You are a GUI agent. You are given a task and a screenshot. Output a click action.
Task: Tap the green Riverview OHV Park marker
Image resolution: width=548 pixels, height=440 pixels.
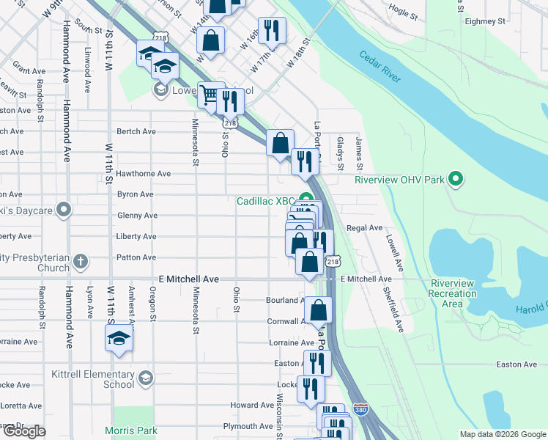click(x=455, y=178)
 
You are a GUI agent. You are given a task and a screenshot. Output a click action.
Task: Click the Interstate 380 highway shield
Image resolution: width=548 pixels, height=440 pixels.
click(x=360, y=408)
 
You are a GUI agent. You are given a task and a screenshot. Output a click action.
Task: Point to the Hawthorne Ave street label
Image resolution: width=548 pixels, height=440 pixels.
click(x=144, y=174)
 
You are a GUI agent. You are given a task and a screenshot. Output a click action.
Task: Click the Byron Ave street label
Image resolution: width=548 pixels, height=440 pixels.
click(x=136, y=194)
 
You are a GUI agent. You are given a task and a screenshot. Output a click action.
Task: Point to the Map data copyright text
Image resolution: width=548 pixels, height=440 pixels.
click(x=502, y=434)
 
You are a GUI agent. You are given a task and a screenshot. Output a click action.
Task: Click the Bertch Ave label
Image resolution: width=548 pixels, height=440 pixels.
click(x=136, y=131)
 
